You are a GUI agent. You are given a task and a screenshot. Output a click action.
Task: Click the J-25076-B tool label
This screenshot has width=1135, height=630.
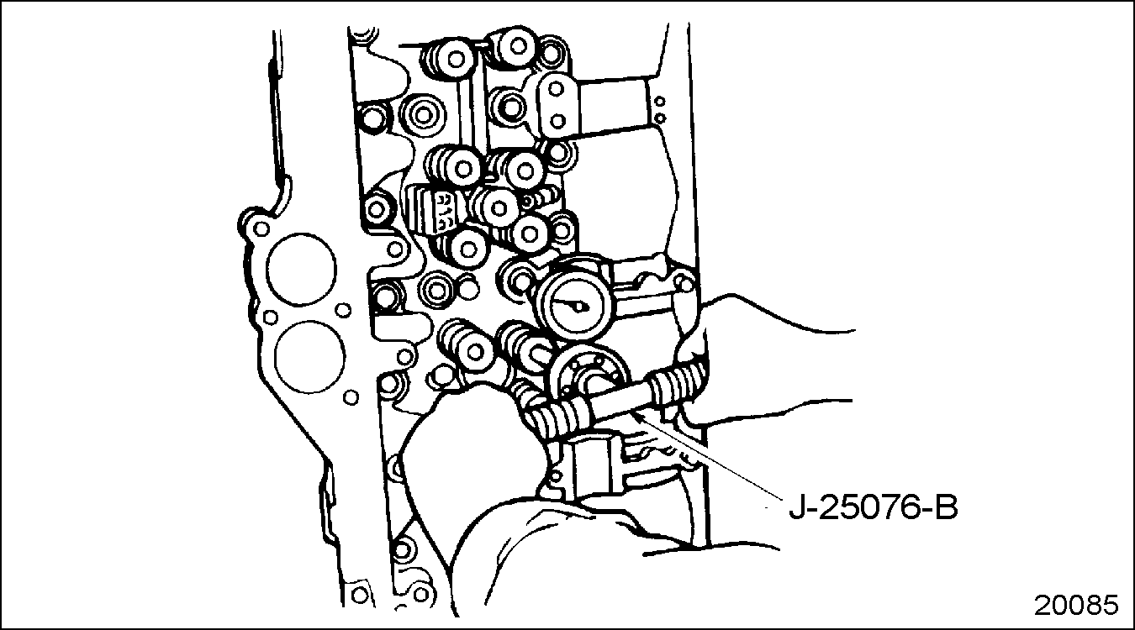click(873, 508)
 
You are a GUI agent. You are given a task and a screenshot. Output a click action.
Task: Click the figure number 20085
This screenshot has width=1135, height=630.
click(1075, 605)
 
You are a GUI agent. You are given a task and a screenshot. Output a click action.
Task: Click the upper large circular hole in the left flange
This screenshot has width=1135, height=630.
click(301, 270)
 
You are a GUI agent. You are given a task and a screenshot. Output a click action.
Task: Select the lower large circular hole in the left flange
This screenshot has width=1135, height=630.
click(309, 356)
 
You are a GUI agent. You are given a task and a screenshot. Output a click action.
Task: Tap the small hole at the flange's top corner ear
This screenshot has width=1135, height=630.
click(261, 229)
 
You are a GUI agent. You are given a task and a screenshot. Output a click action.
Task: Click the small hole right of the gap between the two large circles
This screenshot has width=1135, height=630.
click(344, 309)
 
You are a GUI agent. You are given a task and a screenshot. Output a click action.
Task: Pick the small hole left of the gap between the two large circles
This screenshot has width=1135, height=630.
click(271, 318)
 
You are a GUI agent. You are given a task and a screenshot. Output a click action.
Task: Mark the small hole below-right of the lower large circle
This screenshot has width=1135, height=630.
click(351, 397)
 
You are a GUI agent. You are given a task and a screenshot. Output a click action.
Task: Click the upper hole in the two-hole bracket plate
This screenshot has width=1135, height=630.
click(556, 89)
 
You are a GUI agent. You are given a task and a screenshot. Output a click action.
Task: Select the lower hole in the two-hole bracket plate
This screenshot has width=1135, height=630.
click(557, 121)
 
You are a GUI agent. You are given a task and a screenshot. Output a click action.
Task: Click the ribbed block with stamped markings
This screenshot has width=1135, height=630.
click(435, 208)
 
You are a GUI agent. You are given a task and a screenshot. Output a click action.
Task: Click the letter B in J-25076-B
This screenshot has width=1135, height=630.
click(947, 508)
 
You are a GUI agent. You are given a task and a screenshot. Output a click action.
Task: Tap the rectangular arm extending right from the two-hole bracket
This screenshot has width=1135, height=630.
click(613, 108)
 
